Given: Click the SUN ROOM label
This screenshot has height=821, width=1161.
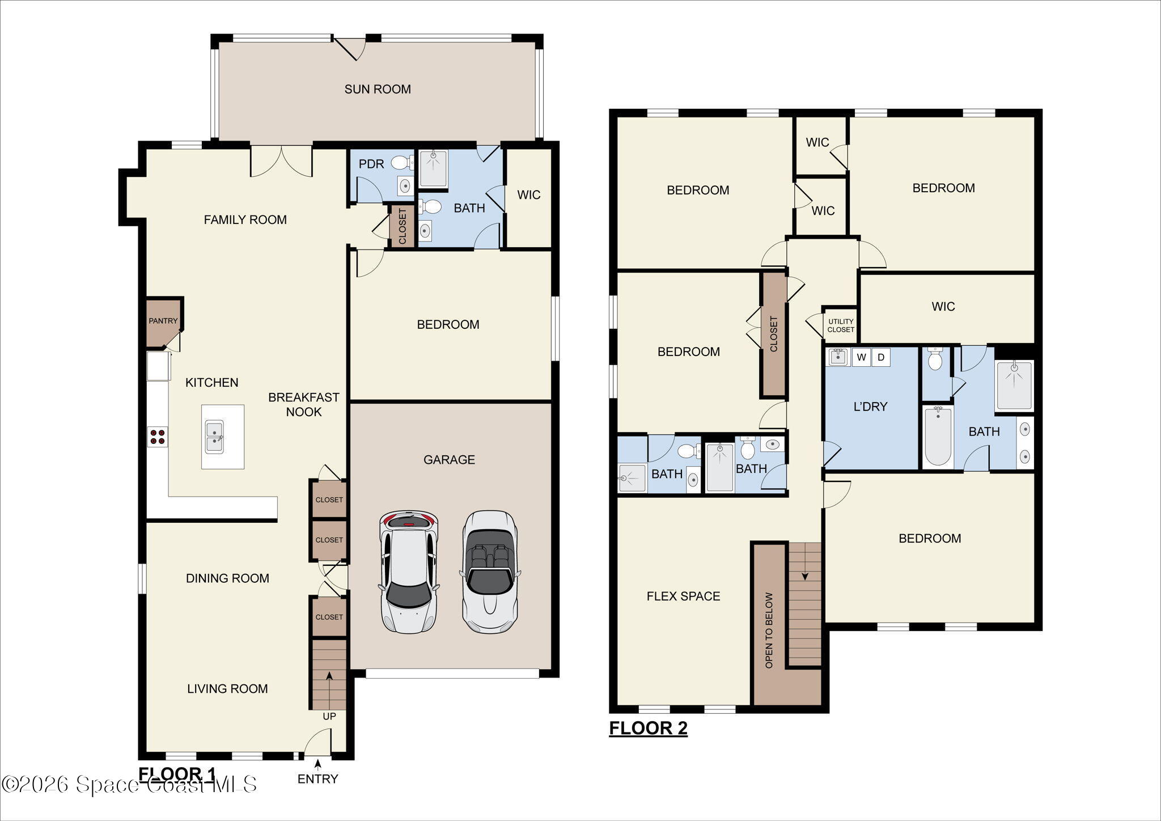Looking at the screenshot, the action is pos(378,89).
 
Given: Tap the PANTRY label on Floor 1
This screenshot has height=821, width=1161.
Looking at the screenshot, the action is pos(163,321).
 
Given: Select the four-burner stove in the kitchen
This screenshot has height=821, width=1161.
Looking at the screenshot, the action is pos(158,437).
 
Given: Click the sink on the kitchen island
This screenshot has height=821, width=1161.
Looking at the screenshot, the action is pos(214,437).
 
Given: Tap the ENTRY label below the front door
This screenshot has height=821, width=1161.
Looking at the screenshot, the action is pos(317,779).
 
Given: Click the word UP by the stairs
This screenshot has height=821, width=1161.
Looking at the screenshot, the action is pos(329,716).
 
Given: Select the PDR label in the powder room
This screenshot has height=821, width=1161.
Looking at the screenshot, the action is pos(371,164).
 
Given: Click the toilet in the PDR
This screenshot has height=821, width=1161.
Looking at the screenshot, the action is pos(402,163).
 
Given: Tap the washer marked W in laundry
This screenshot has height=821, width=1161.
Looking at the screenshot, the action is pos(861,357).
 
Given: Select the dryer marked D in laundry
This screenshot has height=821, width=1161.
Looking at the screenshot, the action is pos(881,357).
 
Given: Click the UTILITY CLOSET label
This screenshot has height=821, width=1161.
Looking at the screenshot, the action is pos(841,325).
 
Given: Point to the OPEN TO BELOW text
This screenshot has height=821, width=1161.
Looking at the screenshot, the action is pos(769,630).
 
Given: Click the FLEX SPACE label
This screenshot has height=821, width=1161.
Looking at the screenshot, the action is pos(683,596).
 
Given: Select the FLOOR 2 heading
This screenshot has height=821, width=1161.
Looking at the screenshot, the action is pos(648,727).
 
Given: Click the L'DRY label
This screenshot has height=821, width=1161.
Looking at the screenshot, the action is pos(870,407).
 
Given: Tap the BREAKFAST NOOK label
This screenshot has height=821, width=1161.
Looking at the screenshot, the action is pos(304,404).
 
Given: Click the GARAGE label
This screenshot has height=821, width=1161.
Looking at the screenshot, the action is pos(449,459).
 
